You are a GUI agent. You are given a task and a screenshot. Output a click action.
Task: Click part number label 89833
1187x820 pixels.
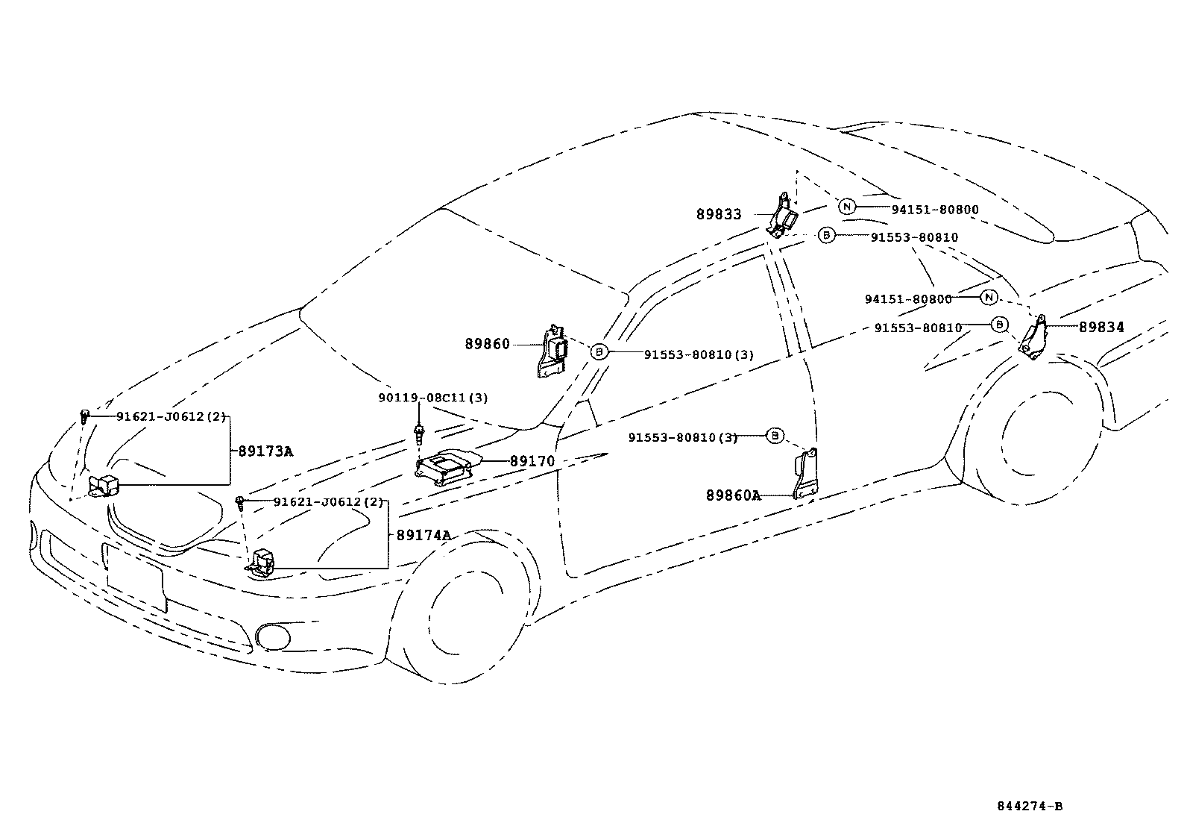click(x=719, y=215)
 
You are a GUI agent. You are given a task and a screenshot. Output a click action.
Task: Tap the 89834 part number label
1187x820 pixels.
click(x=1101, y=327)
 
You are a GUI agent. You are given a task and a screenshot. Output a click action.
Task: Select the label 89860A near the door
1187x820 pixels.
click(x=733, y=495)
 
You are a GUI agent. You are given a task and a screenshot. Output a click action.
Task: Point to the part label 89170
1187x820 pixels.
click(x=532, y=462)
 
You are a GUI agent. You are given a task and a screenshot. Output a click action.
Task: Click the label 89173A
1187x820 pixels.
click(x=265, y=451)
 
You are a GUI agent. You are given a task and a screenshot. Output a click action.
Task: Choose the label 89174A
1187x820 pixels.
click(x=424, y=535)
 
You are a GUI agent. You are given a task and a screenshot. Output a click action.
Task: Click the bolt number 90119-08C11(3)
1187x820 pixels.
click(x=432, y=398)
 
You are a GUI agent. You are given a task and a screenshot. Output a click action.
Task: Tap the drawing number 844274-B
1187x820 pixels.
click(x=1030, y=806)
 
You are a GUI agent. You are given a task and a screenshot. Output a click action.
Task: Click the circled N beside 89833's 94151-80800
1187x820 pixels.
click(x=847, y=207)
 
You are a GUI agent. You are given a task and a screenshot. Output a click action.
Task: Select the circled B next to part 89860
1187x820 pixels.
click(x=599, y=352)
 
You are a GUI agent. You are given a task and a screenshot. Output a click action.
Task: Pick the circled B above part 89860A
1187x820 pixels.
click(x=775, y=435)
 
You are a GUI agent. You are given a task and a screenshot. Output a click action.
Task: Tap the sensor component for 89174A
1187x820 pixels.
click(x=262, y=563)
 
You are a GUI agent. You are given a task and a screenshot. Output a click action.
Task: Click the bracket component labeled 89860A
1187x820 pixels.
click(x=805, y=475)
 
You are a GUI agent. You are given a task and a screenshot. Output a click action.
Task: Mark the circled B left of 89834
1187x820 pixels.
click(x=999, y=325)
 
